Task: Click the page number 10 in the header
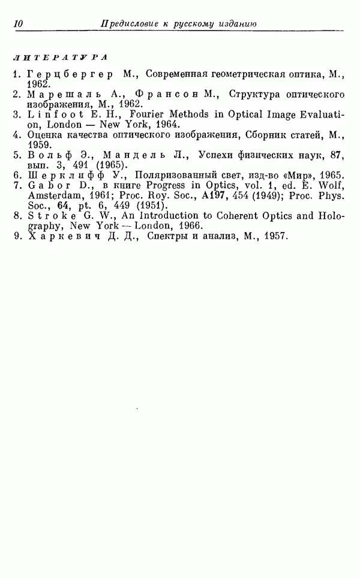pyautogui.click(x=17, y=24)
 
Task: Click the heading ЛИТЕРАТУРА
pyautogui.click(x=59, y=58)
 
